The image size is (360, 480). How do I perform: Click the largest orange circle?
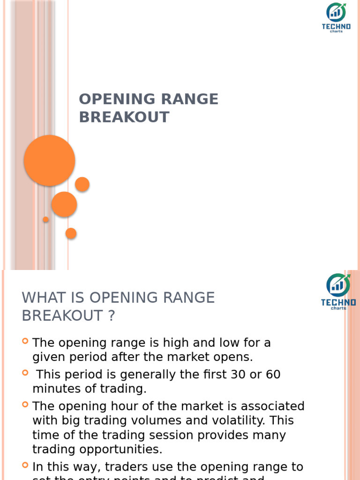[49, 160]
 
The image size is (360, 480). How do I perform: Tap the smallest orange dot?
[45, 219]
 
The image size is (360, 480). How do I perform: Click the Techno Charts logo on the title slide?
[336, 17]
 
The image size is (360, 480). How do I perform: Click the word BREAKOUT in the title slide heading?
[124, 117]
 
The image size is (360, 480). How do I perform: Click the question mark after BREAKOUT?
[111, 316]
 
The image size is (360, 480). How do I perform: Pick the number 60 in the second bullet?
[273, 375]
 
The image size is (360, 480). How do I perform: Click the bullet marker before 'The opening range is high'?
[25, 341]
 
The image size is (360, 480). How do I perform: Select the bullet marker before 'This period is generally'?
[25, 372]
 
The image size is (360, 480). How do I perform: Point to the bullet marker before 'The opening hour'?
[25, 404]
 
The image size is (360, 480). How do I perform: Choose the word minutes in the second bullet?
[55, 389]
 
